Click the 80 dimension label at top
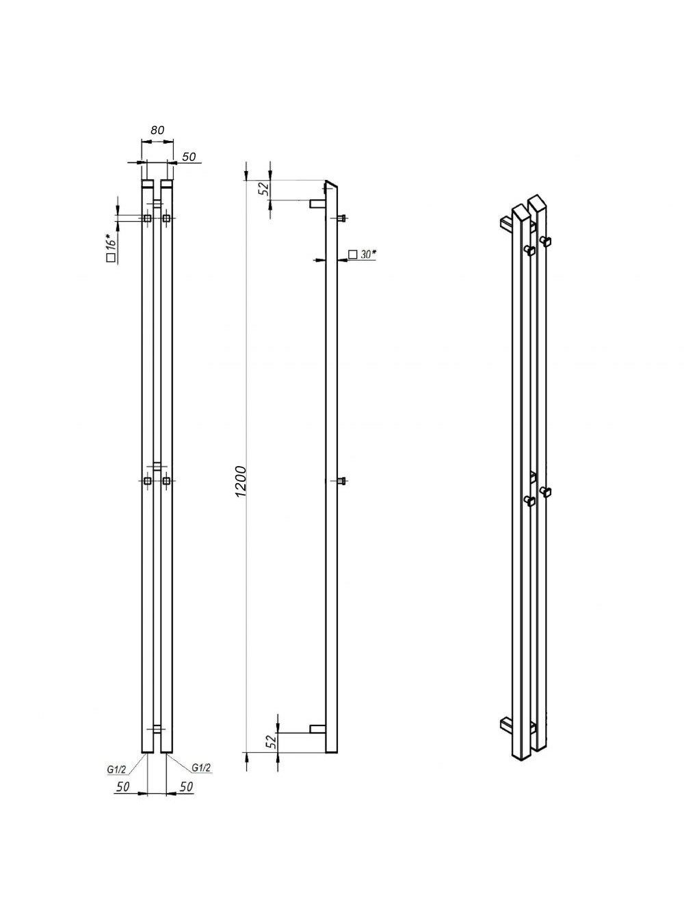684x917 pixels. pos(157,130)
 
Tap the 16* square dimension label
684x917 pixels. pos(111,248)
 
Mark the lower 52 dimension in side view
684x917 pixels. pos(272,741)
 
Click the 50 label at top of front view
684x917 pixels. pos(189,157)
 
